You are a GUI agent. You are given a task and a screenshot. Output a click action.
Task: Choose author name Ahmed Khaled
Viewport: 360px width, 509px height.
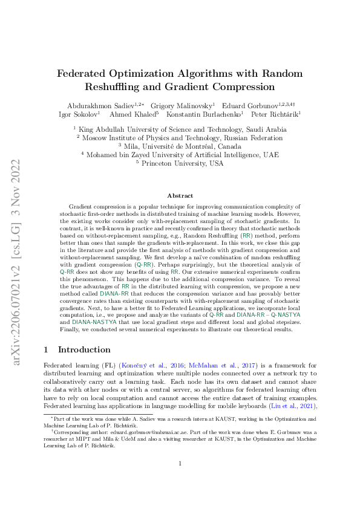(133, 114)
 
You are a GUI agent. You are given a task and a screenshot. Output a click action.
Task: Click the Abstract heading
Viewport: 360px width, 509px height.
(180, 196)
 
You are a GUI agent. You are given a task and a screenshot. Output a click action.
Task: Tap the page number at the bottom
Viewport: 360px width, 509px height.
(180, 481)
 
